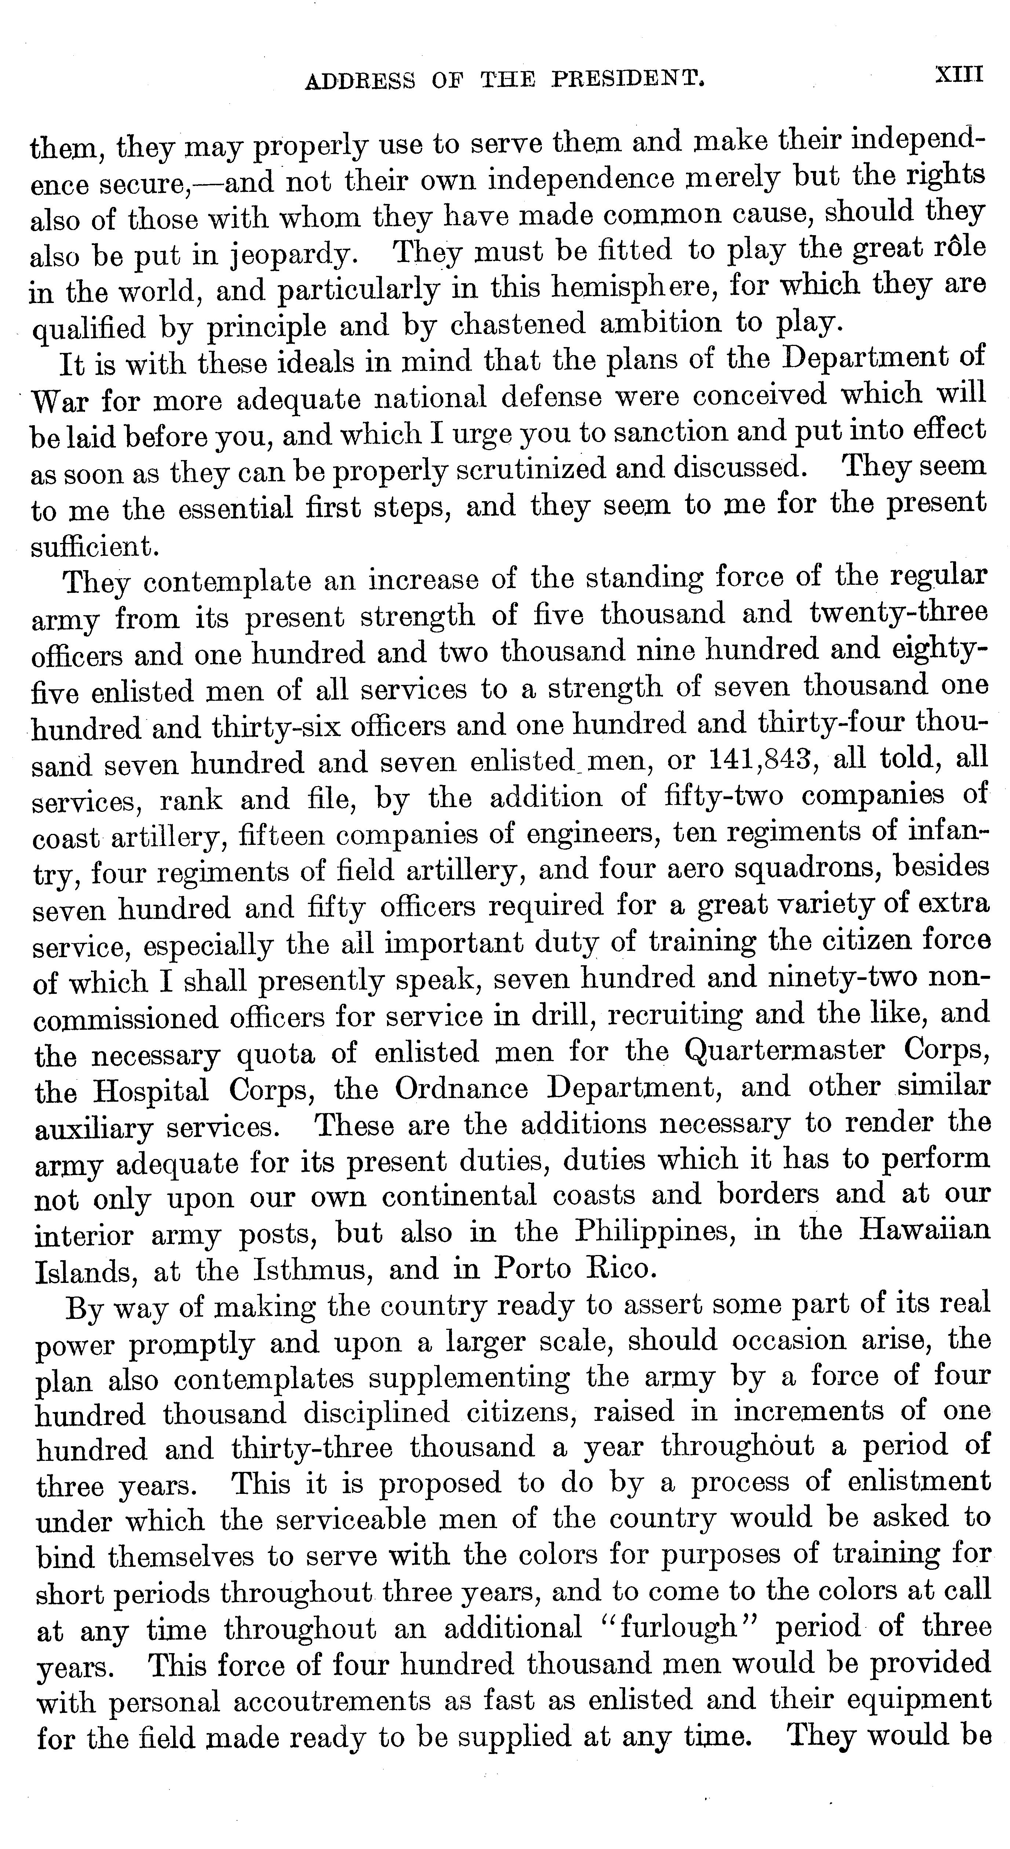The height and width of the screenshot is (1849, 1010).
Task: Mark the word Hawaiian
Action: pos(925,1230)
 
